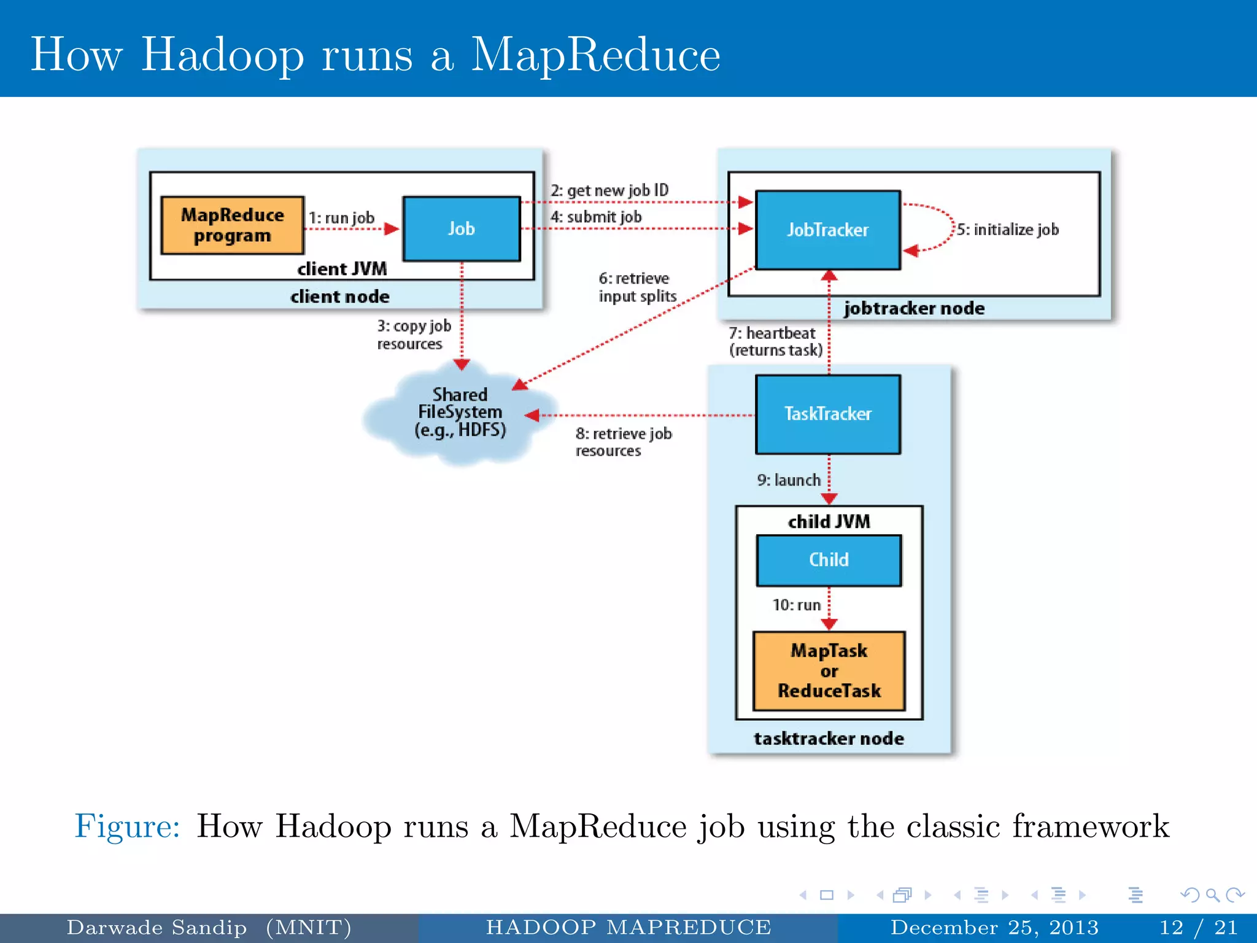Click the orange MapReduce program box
pos(232,225)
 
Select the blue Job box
pos(461,228)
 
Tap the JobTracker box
pos(827,230)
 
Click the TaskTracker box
pos(827,414)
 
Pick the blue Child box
pos(829,560)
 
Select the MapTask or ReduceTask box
pos(829,670)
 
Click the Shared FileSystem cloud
pos(459,412)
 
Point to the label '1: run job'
pos(341,218)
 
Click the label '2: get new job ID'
pos(609,190)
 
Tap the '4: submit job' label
pos(595,217)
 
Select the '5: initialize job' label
pos(1007,230)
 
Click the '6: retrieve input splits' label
pos(636,287)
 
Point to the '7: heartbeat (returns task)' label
pos(775,341)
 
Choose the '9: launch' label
pos(788,480)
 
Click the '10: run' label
pos(796,605)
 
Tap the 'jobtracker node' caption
pos(913,308)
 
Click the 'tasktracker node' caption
pos(829,738)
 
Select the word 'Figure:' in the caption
pos(127,826)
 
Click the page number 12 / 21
pos(1197,927)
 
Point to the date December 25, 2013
pos(994,927)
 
